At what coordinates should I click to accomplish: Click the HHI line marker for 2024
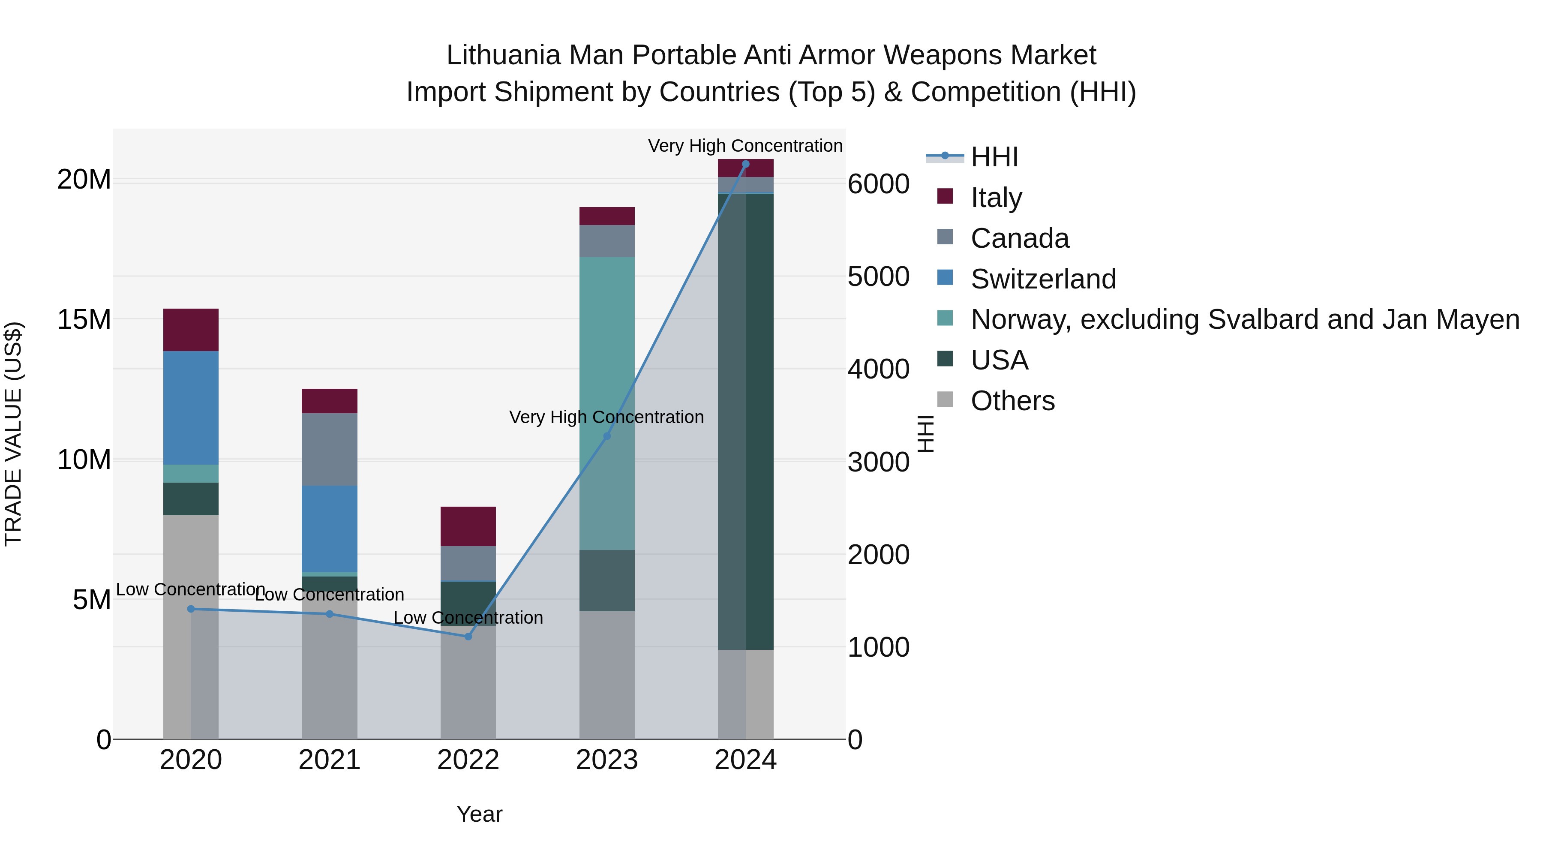746,164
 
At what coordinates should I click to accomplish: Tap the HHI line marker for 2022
468,636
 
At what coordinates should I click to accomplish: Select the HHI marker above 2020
191,609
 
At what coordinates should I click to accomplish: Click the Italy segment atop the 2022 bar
468,526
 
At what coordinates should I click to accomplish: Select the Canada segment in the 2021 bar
330,449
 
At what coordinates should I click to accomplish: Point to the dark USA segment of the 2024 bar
746,419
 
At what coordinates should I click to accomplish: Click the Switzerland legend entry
1043,279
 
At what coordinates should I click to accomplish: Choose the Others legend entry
1012,401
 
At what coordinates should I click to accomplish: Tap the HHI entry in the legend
994,157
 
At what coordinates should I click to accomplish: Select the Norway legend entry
1245,319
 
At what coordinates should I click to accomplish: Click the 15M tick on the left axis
84,320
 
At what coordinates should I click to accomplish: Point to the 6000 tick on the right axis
879,184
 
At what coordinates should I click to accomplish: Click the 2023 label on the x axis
607,760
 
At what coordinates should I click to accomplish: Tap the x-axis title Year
479,814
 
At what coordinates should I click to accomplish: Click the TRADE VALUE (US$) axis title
13,434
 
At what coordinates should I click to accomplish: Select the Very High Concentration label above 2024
745,146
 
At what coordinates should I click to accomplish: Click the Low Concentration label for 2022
468,618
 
